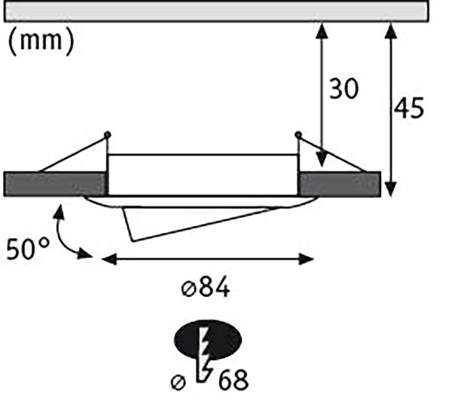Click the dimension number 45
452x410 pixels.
point(408,109)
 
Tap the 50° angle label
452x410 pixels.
point(28,248)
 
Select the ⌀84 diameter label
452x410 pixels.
point(206,287)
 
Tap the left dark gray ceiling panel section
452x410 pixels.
point(54,184)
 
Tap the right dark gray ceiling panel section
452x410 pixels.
point(339,183)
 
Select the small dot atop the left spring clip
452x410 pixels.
point(107,134)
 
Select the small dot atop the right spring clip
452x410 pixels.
point(298,134)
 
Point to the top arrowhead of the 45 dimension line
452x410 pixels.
point(390,30)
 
